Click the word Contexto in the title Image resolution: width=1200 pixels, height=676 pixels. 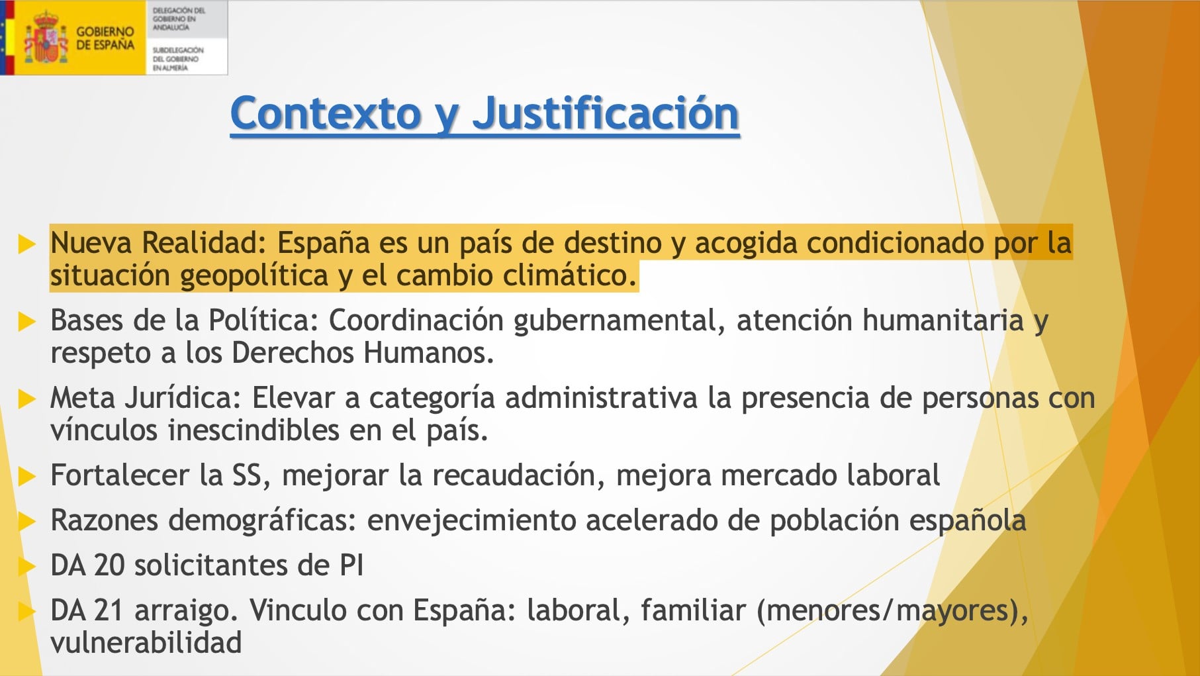326,113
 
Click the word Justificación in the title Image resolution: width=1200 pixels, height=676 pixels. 605,115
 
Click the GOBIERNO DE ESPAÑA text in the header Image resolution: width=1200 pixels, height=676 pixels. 105,38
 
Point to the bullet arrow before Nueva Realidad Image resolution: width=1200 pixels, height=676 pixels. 26,244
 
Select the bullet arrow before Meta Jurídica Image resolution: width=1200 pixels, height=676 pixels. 26,399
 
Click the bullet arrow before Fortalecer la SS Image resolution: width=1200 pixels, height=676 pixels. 26,476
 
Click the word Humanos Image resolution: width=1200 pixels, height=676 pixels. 428,353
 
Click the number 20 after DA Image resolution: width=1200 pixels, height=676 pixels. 109,565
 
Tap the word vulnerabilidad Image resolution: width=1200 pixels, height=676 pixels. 146,642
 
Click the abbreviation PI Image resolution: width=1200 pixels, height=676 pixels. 351,565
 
